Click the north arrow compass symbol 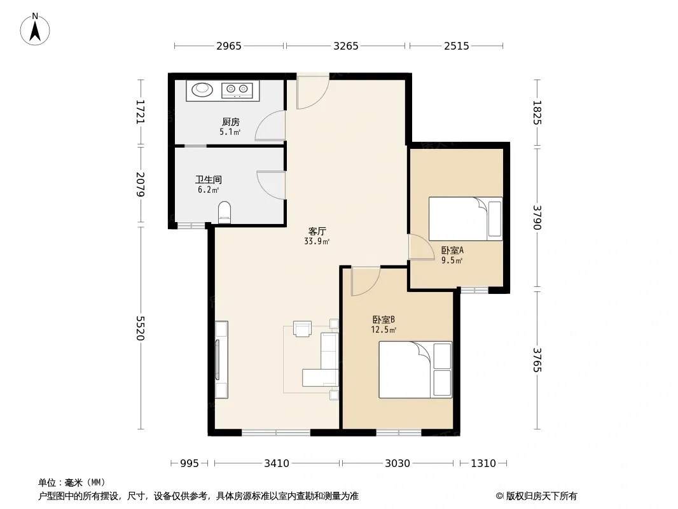(35, 29)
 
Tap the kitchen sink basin (202, 90)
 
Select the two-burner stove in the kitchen (237, 90)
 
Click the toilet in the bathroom (225, 213)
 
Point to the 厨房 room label (231, 122)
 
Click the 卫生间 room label (209, 179)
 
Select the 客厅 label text (317, 232)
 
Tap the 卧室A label (452, 251)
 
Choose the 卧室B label (384, 320)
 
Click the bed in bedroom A (466, 219)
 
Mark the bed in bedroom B (415, 370)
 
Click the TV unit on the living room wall (221, 360)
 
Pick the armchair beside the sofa (302, 329)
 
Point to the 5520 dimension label (140, 328)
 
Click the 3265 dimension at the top (346, 46)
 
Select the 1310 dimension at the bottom (483, 464)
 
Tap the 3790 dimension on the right (537, 218)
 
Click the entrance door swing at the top (313, 92)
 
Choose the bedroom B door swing (366, 281)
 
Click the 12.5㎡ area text (384, 330)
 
